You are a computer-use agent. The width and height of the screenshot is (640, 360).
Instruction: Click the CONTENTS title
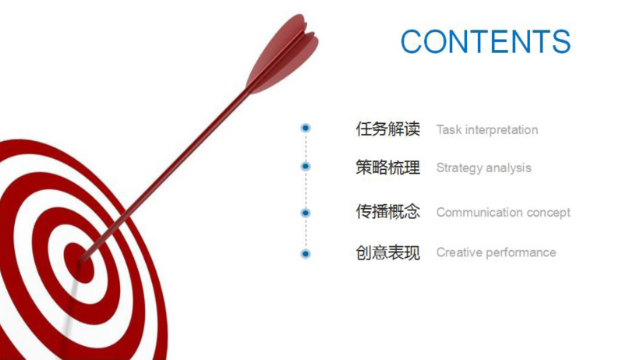point(486,41)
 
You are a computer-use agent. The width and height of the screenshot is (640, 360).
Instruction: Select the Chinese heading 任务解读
point(387,129)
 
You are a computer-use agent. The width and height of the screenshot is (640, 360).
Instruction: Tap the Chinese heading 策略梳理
point(387,168)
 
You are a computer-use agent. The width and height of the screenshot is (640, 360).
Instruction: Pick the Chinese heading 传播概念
point(387,212)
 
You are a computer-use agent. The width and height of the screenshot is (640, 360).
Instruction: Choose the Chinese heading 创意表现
point(387,252)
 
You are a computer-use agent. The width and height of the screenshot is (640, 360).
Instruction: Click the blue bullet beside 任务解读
point(306,128)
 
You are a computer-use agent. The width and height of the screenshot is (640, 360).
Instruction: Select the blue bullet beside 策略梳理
point(306,166)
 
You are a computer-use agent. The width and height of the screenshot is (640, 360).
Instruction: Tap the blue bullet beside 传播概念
point(306,213)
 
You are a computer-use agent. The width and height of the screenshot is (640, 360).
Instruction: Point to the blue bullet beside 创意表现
point(306,253)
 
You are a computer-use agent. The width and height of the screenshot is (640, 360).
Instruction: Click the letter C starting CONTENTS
point(412,41)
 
